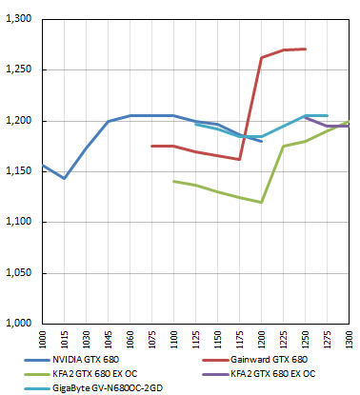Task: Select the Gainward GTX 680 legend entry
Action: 270,360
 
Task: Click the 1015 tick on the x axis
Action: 64,340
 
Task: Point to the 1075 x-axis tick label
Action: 151,340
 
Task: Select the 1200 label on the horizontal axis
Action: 261,340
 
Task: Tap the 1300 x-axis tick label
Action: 350,340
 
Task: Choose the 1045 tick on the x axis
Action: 108,340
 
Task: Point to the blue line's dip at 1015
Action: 64,178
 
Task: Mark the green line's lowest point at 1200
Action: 261,202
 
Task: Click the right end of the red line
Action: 305,49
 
